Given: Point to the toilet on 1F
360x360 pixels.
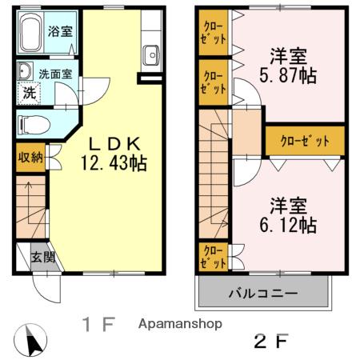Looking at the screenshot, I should click(32, 124).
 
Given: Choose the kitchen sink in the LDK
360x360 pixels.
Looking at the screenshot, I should click(151, 55).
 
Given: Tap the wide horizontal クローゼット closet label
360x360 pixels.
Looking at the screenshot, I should click(305, 141).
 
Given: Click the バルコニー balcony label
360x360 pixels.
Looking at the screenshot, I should click(264, 293).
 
